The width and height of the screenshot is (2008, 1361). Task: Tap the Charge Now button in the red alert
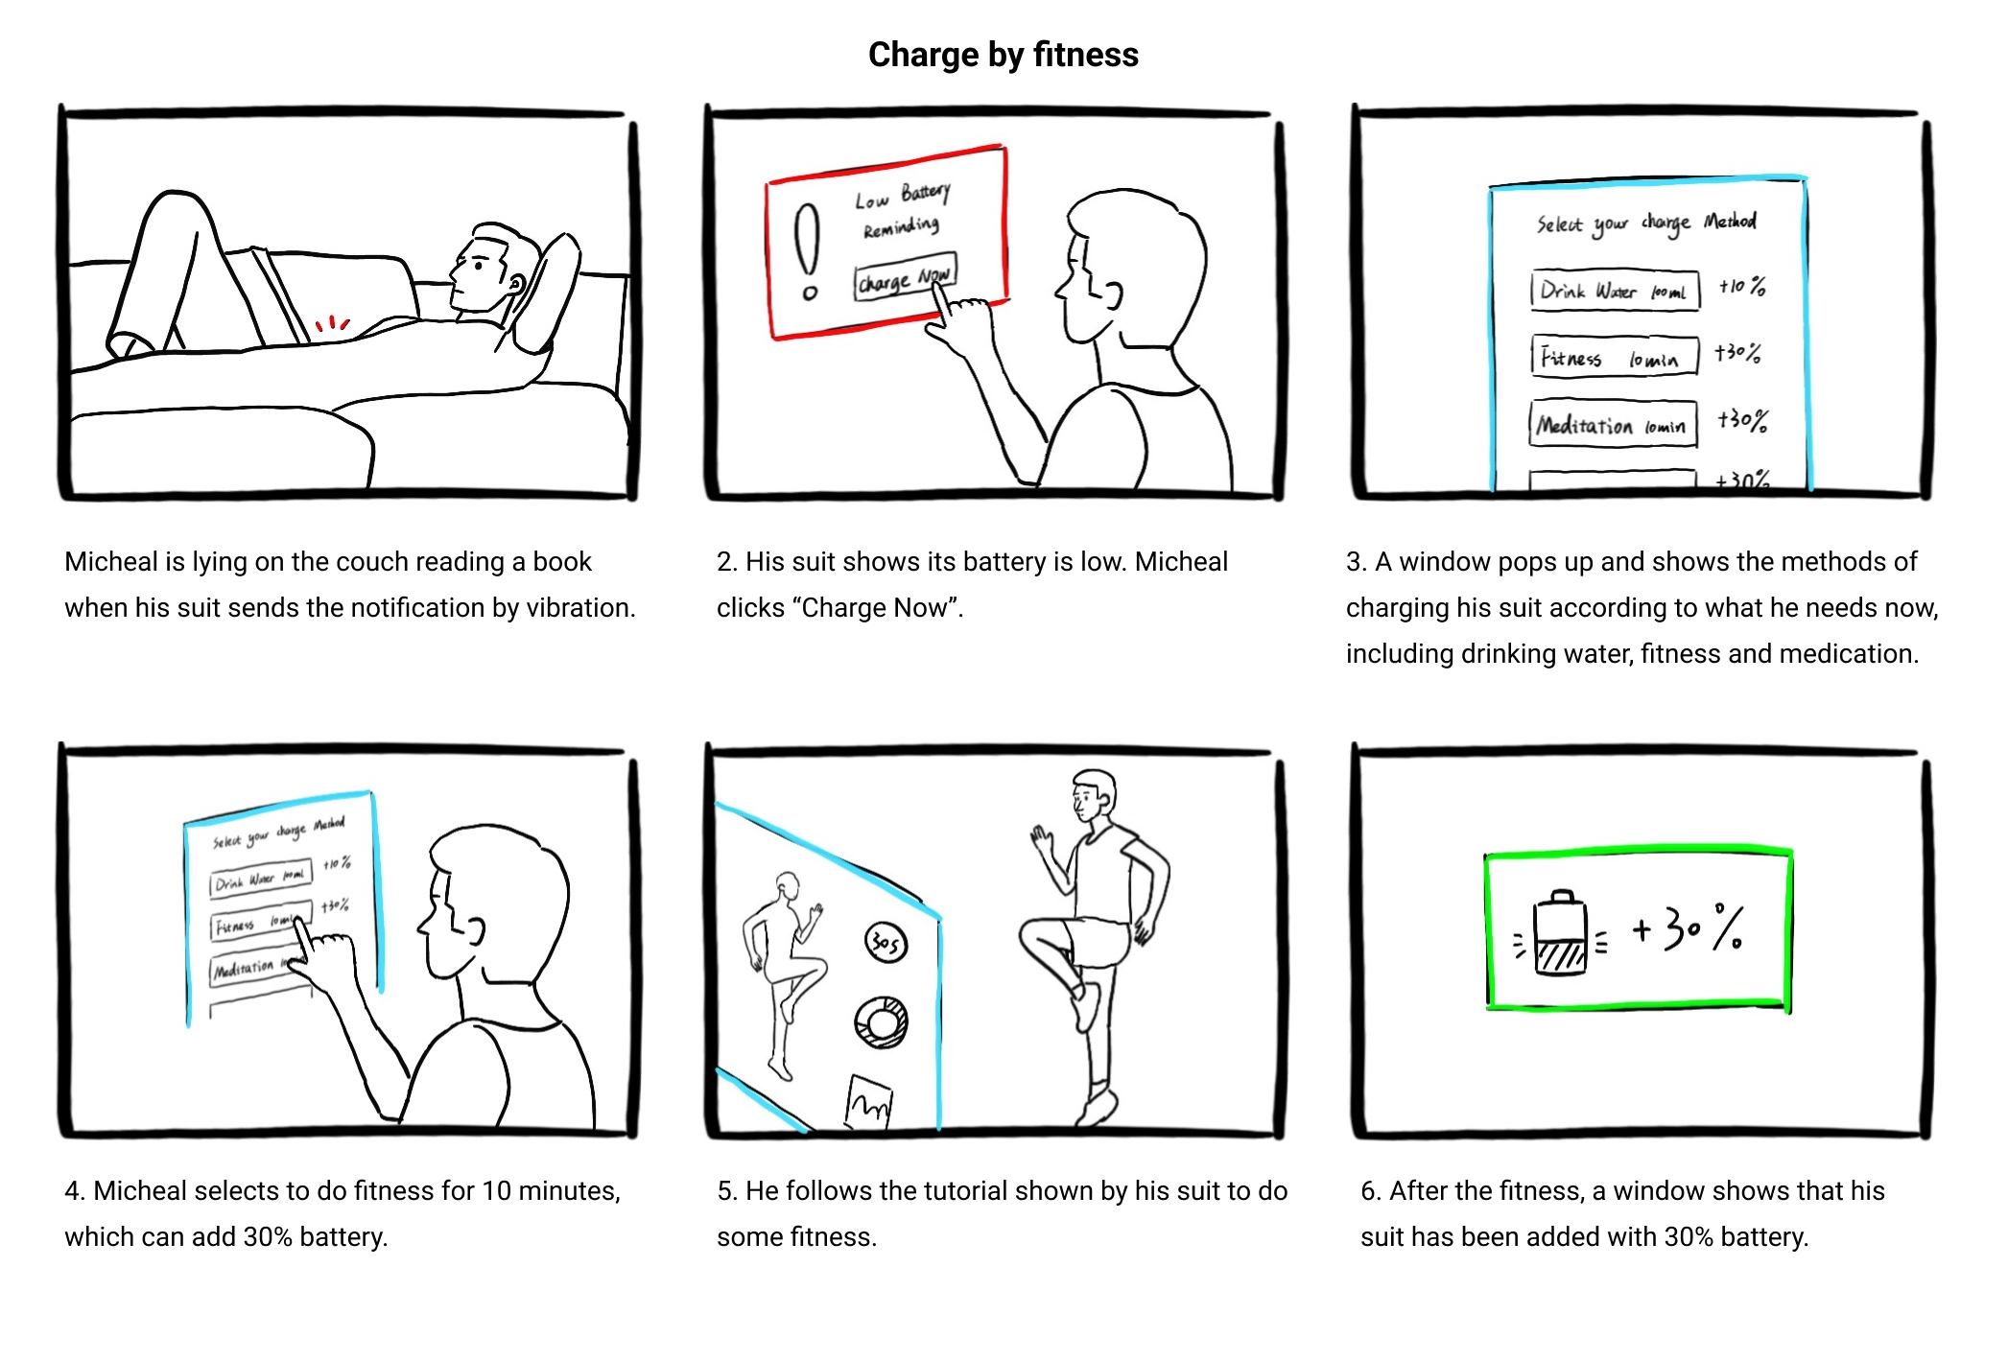point(905,279)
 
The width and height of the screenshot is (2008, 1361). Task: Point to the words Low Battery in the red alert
point(903,196)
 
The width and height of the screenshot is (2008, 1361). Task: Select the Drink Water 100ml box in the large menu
point(1614,291)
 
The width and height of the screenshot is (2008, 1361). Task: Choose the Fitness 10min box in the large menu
point(1614,356)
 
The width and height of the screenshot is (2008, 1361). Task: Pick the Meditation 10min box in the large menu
point(1613,424)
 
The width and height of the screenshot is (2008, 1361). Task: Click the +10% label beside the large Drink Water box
point(1741,286)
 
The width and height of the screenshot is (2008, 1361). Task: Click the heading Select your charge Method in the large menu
point(1646,223)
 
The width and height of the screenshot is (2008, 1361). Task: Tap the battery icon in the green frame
point(1560,933)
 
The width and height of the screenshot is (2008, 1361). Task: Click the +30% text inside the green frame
point(1689,928)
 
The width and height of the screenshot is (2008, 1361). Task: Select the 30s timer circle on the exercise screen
point(885,944)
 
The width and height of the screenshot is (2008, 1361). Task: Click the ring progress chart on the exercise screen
point(882,1022)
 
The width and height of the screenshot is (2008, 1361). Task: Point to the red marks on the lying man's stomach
point(332,324)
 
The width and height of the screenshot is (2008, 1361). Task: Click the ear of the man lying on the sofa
point(515,285)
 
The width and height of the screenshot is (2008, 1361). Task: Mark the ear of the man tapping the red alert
point(1113,294)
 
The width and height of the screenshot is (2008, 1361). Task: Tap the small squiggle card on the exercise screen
point(868,1104)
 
